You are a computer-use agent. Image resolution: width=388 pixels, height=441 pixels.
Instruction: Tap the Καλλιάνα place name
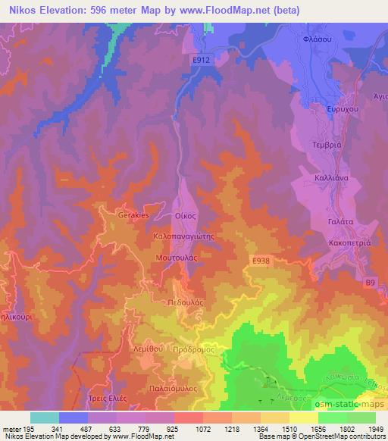[x=331, y=176]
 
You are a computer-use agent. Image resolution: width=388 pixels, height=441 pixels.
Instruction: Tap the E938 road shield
[x=260, y=260]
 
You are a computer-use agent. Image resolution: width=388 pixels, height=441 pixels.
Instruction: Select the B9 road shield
[x=371, y=283]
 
